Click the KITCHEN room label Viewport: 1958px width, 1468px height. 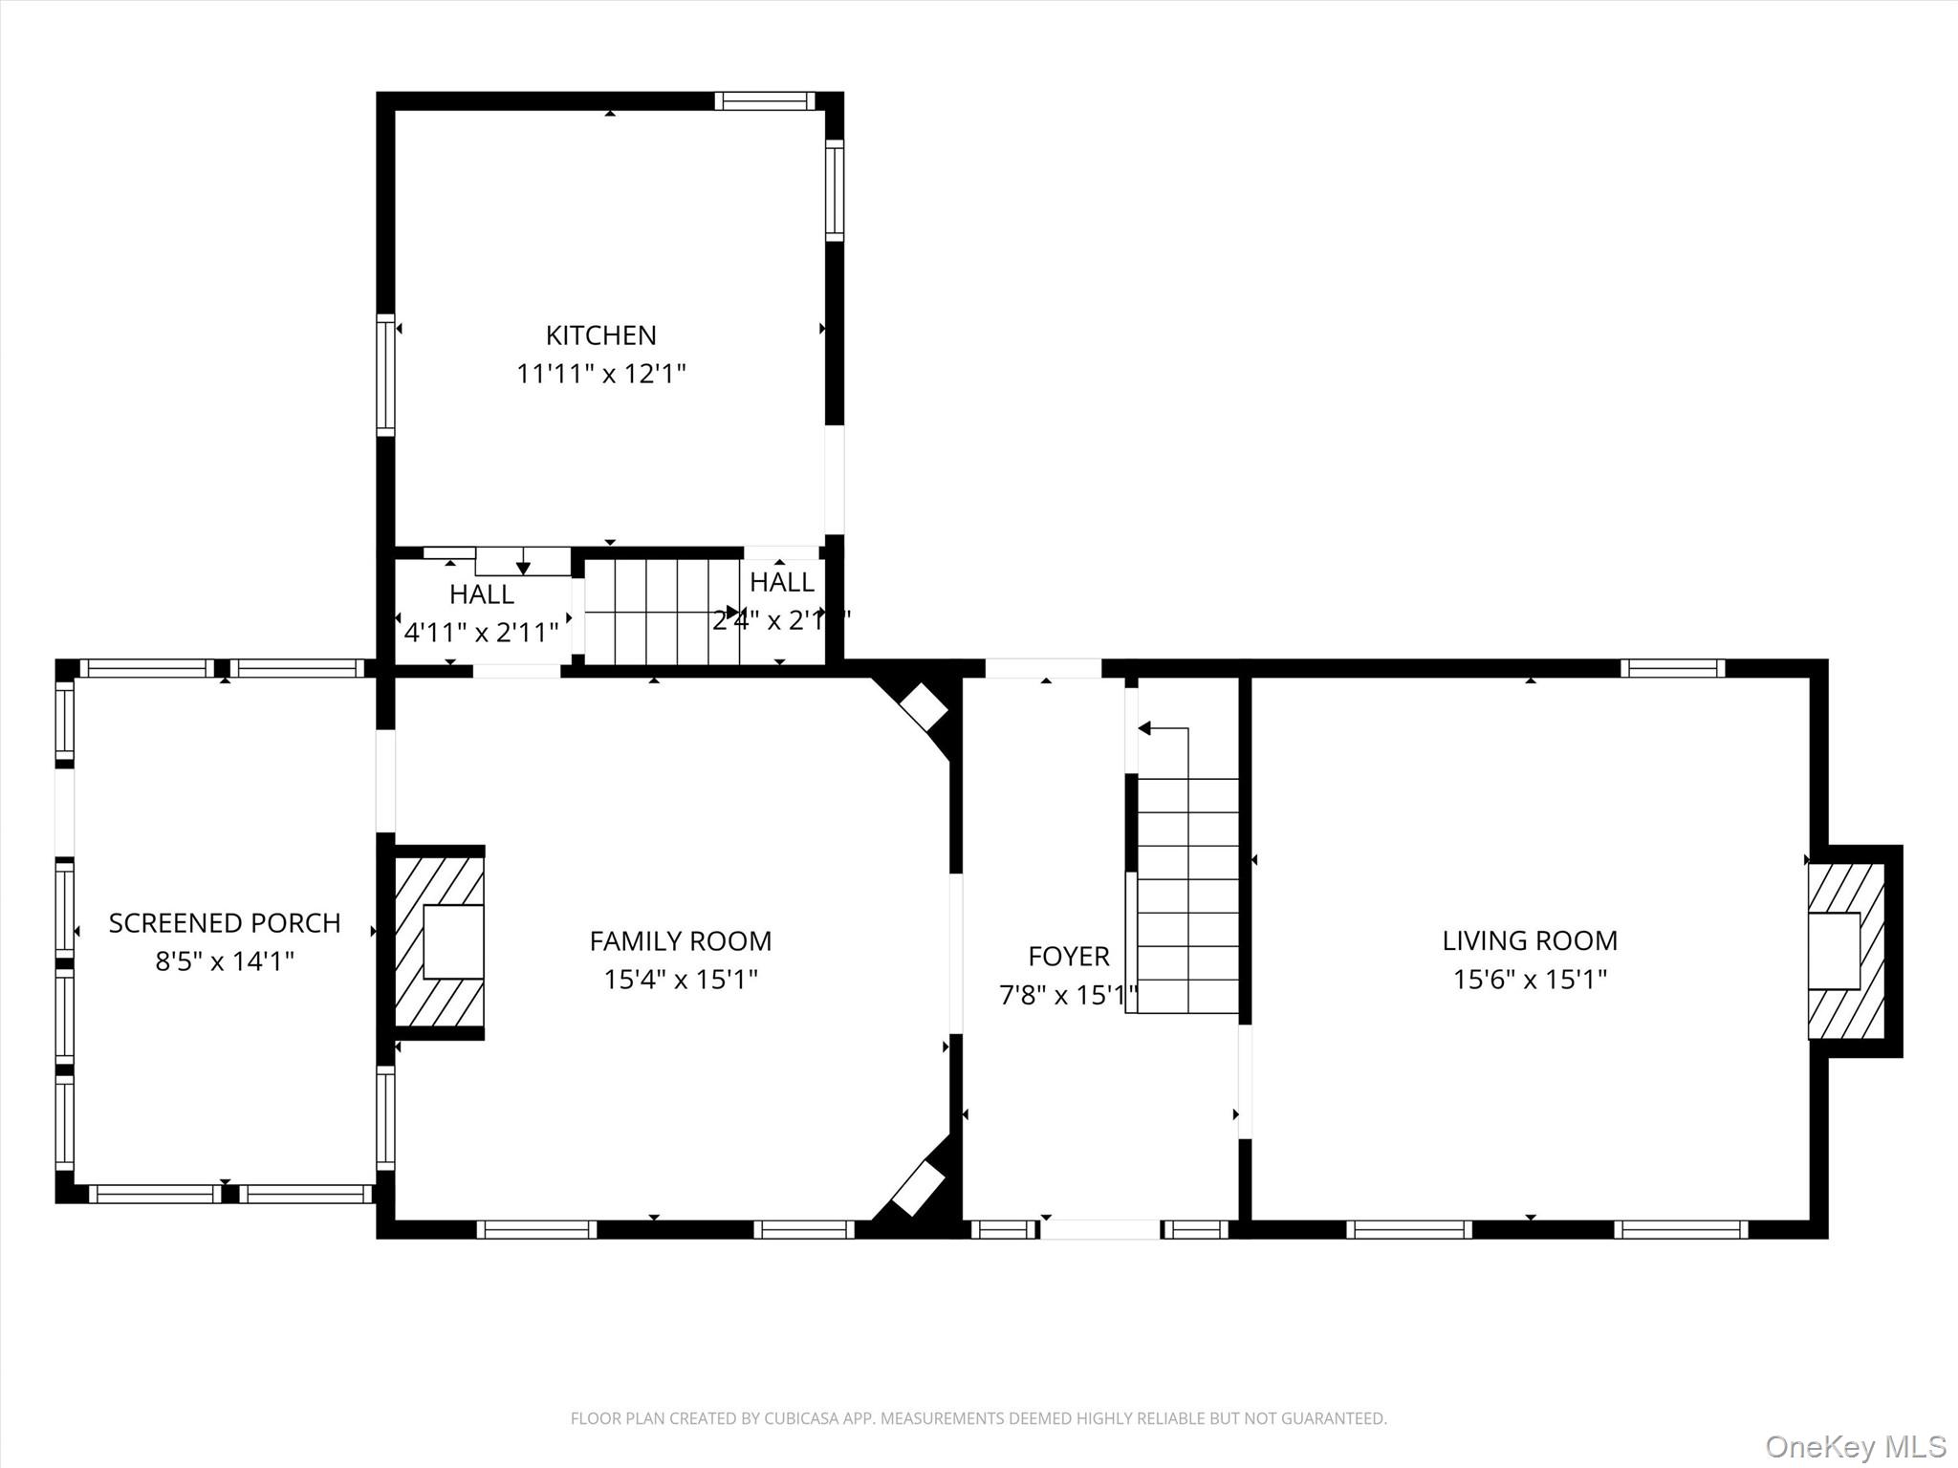[x=600, y=335]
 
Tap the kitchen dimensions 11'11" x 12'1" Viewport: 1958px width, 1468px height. [x=600, y=374]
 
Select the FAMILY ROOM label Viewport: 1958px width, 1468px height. [x=680, y=941]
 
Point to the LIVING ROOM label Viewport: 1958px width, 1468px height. [x=1529, y=940]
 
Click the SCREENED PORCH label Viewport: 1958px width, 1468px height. [x=224, y=923]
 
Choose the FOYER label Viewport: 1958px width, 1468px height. [x=1068, y=956]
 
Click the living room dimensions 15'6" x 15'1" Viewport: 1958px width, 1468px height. [x=1529, y=980]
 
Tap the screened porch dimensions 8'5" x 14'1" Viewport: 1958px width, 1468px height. [x=224, y=961]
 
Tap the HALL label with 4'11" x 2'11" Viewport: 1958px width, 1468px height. [x=481, y=594]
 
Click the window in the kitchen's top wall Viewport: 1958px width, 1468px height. [x=764, y=101]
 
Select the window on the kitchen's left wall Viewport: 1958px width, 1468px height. [x=385, y=375]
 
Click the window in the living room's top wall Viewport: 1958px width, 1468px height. [x=1672, y=668]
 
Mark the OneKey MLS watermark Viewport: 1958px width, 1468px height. [x=1855, y=1445]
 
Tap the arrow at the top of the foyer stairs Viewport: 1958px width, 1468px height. [x=1144, y=729]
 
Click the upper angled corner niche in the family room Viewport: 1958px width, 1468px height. [x=923, y=707]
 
